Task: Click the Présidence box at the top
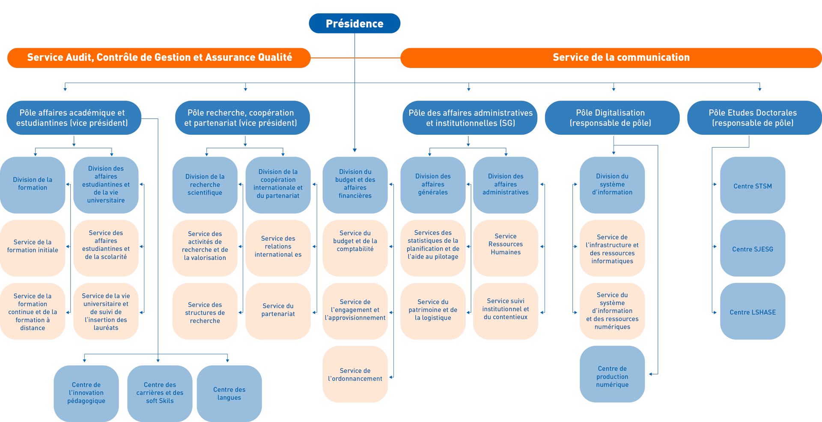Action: (354, 24)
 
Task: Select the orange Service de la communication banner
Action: (611, 58)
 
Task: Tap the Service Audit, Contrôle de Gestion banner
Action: (159, 58)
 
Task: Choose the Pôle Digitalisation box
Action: (612, 118)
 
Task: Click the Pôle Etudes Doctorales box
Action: (754, 118)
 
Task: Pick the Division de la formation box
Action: (33, 185)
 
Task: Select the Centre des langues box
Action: (229, 393)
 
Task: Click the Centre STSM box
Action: (753, 185)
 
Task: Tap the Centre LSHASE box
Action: (753, 311)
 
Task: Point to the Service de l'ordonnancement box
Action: (355, 374)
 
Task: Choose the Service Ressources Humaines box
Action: (506, 248)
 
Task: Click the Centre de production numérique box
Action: (612, 374)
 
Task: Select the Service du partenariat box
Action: (278, 311)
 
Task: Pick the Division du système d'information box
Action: (612, 185)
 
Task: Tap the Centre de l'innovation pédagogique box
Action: (86, 393)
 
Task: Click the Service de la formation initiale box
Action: (33, 248)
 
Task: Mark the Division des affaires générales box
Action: (433, 185)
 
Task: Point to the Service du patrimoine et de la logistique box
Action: (433, 311)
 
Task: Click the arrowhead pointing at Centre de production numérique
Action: (651, 374)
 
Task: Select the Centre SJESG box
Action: (753, 248)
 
